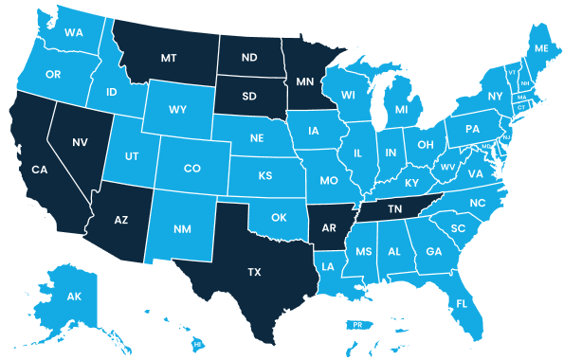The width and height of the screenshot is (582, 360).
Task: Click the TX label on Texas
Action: point(254,272)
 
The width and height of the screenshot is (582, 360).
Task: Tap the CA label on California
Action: point(40,171)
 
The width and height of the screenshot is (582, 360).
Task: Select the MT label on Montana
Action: point(169,58)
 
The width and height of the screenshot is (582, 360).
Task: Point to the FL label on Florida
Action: point(462,304)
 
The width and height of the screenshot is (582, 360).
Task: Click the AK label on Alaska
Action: point(74,297)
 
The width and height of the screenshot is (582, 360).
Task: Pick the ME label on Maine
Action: point(541,48)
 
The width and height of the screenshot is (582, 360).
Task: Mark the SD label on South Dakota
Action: point(250,96)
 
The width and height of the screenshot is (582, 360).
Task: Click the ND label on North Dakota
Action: point(250,58)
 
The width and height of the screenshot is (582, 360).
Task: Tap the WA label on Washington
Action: point(74,32)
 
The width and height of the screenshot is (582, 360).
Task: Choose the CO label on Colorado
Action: point(192,169)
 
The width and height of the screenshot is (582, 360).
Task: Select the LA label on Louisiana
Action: point(328,267)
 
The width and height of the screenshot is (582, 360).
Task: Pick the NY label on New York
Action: point(495,97)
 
